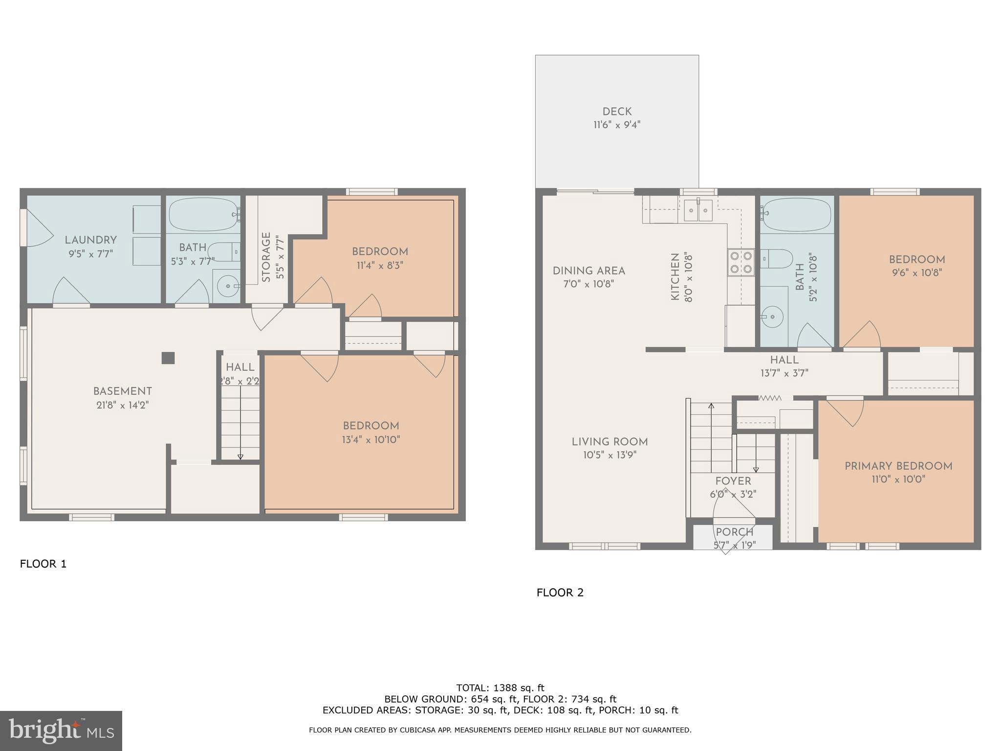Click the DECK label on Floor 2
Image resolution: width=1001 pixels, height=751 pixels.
[x=617, y=112]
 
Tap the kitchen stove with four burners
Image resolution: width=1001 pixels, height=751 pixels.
[x=741, y=262]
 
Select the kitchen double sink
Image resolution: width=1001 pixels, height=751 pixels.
[x=698, y=210]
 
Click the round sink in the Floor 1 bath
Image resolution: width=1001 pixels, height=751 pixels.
[x=227, y=285]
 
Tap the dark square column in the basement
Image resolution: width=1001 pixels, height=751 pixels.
[x=168, y=358]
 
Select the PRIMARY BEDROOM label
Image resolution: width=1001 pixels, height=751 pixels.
[x=898, y=466]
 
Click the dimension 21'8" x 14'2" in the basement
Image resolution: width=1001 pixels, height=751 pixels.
[x=122, y=405]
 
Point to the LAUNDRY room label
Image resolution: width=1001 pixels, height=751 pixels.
[x=91, y=240]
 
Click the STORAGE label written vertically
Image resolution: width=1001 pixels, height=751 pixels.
[x=266, y=257]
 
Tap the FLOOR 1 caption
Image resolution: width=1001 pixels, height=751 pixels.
[x=43, y=564]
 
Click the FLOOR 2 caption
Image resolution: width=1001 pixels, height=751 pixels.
[x=560, y=593]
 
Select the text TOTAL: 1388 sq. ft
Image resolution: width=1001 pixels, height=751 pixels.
[x=500, y=688]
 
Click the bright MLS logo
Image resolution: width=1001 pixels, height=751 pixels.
[x=61, y=730]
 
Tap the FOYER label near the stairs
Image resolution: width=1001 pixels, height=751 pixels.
[x=733, y=481]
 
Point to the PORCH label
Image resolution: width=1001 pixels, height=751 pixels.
[x=735, y=532]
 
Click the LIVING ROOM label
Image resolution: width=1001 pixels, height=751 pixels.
[x=609, y=442]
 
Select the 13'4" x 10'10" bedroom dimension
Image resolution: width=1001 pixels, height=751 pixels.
[x=371, y=440]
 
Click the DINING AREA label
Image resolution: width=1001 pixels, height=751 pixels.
[x=589, y=271]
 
